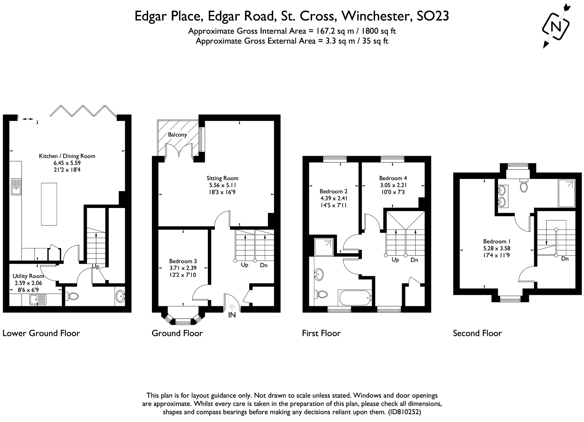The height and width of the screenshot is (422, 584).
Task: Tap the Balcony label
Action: pyautogui.click(x=177, y=135)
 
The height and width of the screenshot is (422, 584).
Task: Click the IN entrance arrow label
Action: pyautogui.click(x=232, y=315)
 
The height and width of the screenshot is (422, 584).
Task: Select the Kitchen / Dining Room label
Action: pyautogui.click(x=67, y=156)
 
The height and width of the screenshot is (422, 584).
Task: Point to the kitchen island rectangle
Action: pyautogui.click(x=49, y=204)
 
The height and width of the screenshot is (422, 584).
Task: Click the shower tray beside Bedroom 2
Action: pyautogui.click(x=324, y=247)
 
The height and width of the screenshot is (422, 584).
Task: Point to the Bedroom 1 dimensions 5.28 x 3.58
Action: pyautogui.click(x=497, y=249)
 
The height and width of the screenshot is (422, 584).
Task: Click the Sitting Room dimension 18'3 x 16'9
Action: pyautogui.click(x=222, y=192)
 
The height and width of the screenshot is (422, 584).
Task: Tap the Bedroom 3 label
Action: pyautogui.click(x=182, y=261)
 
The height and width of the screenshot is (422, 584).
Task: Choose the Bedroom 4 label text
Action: pyautogui.click(x=393, y=178)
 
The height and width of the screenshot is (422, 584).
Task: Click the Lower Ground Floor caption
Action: pyautogui.click(x=41, y=333)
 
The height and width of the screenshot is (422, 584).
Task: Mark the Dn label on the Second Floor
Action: pyautogui.click(x=565, y=259)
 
